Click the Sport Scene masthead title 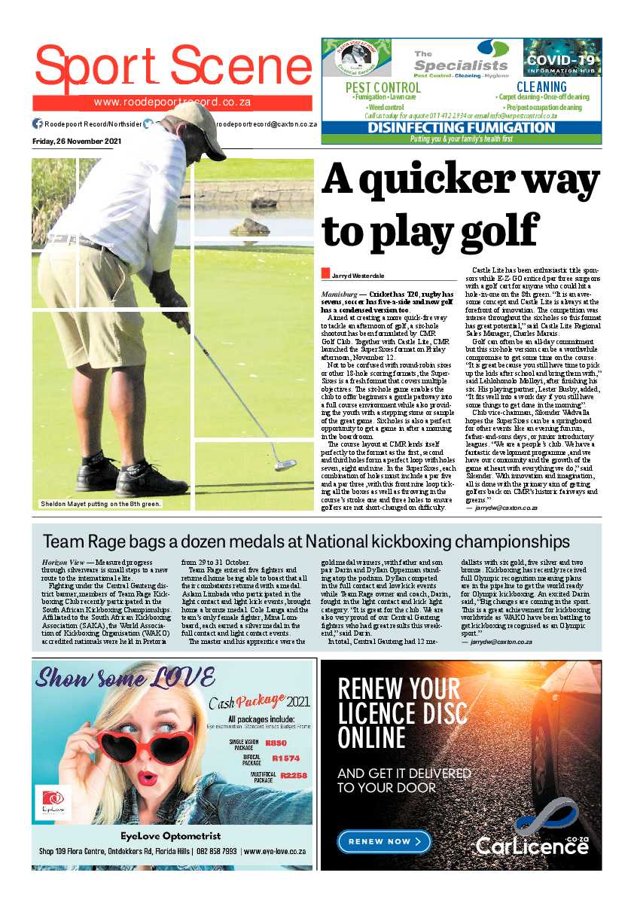pyautogui.click(x=172, y=66)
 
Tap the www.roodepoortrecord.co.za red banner pyautogui.click(x=172, y=103)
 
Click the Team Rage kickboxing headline pyautogui.click(x=306, y=542)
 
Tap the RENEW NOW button pyautogui.click(x=384, y=841)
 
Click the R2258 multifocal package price pyautogui.click(x=294, y=776)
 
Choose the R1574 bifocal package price pyautogui.click(x=285, y=758)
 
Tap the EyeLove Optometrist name pyautogui.click(x=171, y=835)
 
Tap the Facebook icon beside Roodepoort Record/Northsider pyautogui.click(x=38, y=124)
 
